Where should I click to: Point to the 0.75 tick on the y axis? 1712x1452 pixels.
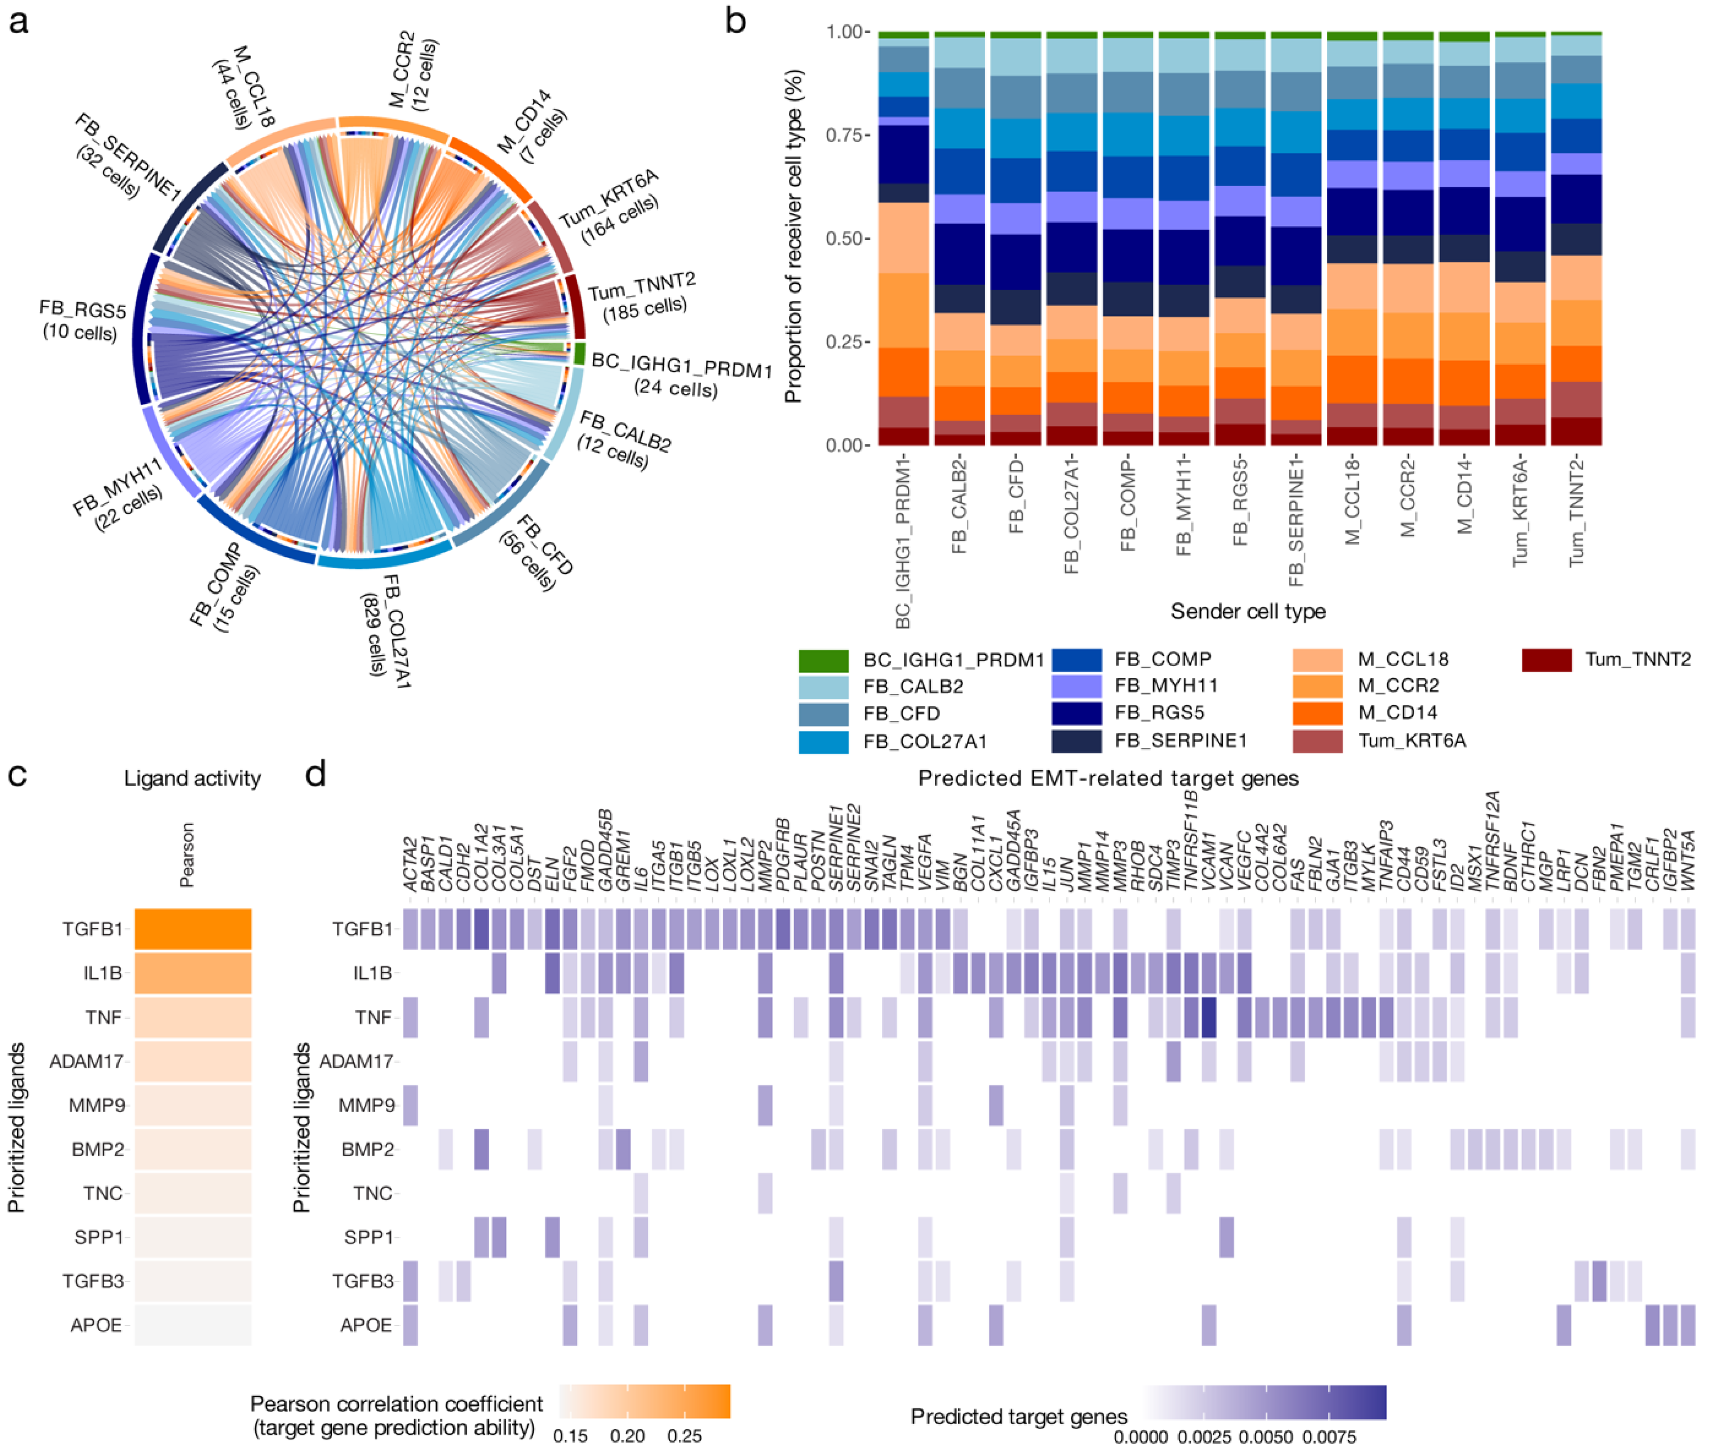[x=846, y=135]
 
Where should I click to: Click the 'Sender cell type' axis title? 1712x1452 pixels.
[x=1248, y=612]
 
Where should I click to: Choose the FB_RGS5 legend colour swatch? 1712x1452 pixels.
[x=1076, y=713]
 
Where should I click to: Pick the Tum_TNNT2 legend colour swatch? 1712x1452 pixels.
[x=1547, y=659]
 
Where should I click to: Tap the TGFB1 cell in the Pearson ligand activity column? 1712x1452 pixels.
[x=193, y=929]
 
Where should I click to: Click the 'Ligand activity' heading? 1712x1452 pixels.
[x=192, y=779]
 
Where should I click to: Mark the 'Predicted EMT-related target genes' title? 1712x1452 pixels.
[x=1108, y=779]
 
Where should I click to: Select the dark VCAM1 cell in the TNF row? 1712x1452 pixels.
[x=1208, y=1017]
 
